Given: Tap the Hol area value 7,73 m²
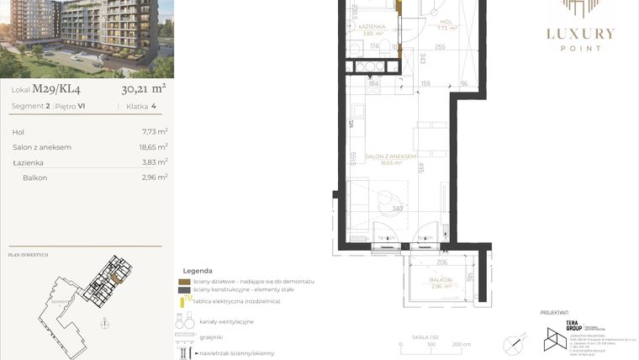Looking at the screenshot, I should (x=155, y=132).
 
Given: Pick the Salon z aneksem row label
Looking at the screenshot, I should (x=41, y=147).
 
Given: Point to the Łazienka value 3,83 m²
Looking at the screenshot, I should (x=155, y=162).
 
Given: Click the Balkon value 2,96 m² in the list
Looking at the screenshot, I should (x=155, y=177).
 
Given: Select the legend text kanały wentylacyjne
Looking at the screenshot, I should (x=226, y=321).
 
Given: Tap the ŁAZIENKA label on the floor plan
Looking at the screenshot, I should (x=372, y=27).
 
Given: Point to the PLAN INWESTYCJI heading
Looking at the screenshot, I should (x=28, y=255).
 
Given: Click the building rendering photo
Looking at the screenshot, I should (x=87, y=39).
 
